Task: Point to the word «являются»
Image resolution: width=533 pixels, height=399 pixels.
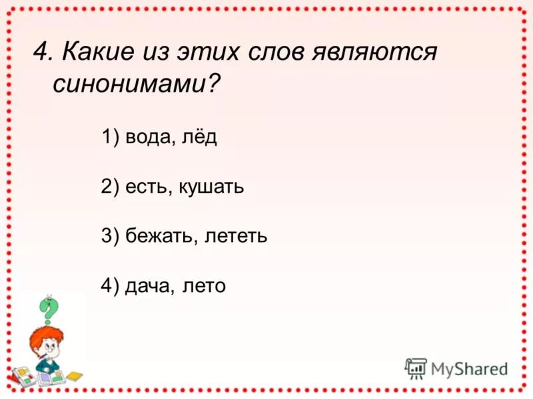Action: (x=374, y=51)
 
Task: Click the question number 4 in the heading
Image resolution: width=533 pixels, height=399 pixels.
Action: (x=42, y=51)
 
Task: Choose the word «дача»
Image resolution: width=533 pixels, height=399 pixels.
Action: (x=149, y=286)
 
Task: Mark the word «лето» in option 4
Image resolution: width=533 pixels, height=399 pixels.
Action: (x=204, y=286)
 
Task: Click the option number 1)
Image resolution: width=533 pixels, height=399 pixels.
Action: (x=110, y=138)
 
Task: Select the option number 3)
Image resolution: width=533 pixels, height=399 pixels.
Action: (x=110, y=236)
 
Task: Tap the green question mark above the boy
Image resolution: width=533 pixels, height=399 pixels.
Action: (x=48, y=309)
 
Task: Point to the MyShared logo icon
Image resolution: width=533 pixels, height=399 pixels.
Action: (x=416, y=368)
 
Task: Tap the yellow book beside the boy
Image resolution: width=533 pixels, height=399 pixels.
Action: (x=73, y=376)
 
